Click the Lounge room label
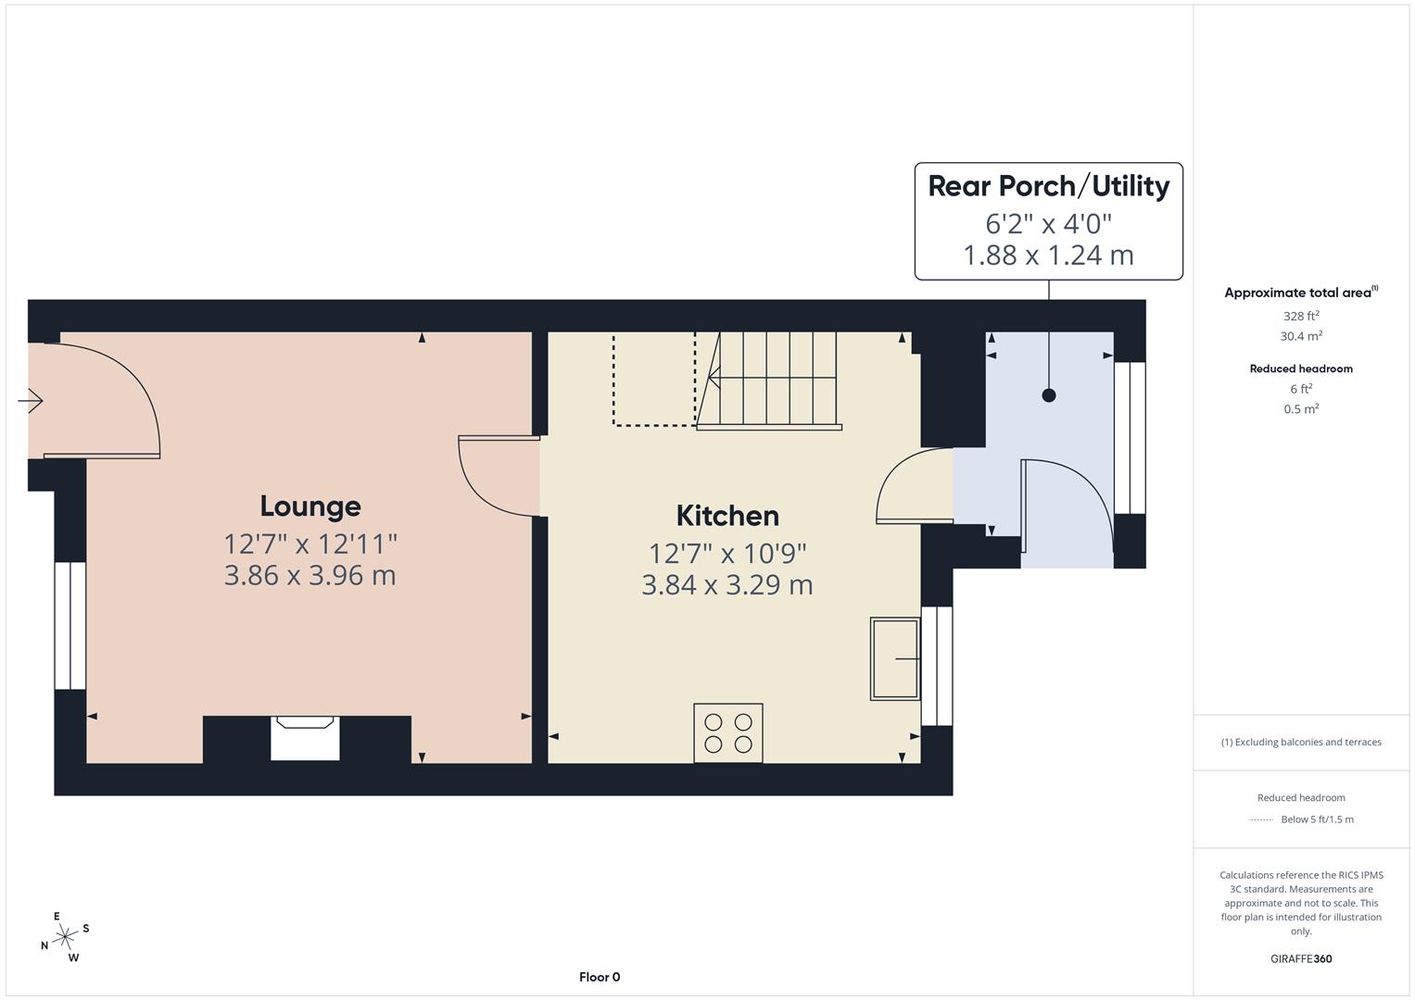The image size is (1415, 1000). (x=310, y=506)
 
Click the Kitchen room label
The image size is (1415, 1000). (x=726, y=516)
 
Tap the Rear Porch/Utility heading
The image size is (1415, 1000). (x=1048, y=186)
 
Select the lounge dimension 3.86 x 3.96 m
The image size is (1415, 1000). (x=310, y=575)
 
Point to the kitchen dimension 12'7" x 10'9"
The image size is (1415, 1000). (x=726, y=553)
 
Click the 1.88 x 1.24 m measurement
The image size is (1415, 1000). (x=1048, y=255)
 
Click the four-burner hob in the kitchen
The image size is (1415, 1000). (x=728, y=732)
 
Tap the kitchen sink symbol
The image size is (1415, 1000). (x=894, y=658)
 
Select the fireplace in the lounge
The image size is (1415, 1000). (x=305, y=738)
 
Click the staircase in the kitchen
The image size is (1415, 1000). (x=769, y=380)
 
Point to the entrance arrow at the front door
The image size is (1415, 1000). (x=31, y=401)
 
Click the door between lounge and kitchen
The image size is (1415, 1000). (x=498, y=476)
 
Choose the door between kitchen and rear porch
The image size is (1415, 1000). (x=913, y=486)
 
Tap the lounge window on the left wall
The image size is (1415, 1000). (x=70, y=625)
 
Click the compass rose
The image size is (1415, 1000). (x=65, y=937)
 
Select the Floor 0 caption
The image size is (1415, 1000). (x=599, y=977)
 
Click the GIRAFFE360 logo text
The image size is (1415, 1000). (x=1300, y=958)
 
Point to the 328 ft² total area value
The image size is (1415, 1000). (x=1300, y=316)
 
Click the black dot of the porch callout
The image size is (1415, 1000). (x=1049, y=395)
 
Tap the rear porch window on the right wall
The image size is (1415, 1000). (x=1130, y=437)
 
